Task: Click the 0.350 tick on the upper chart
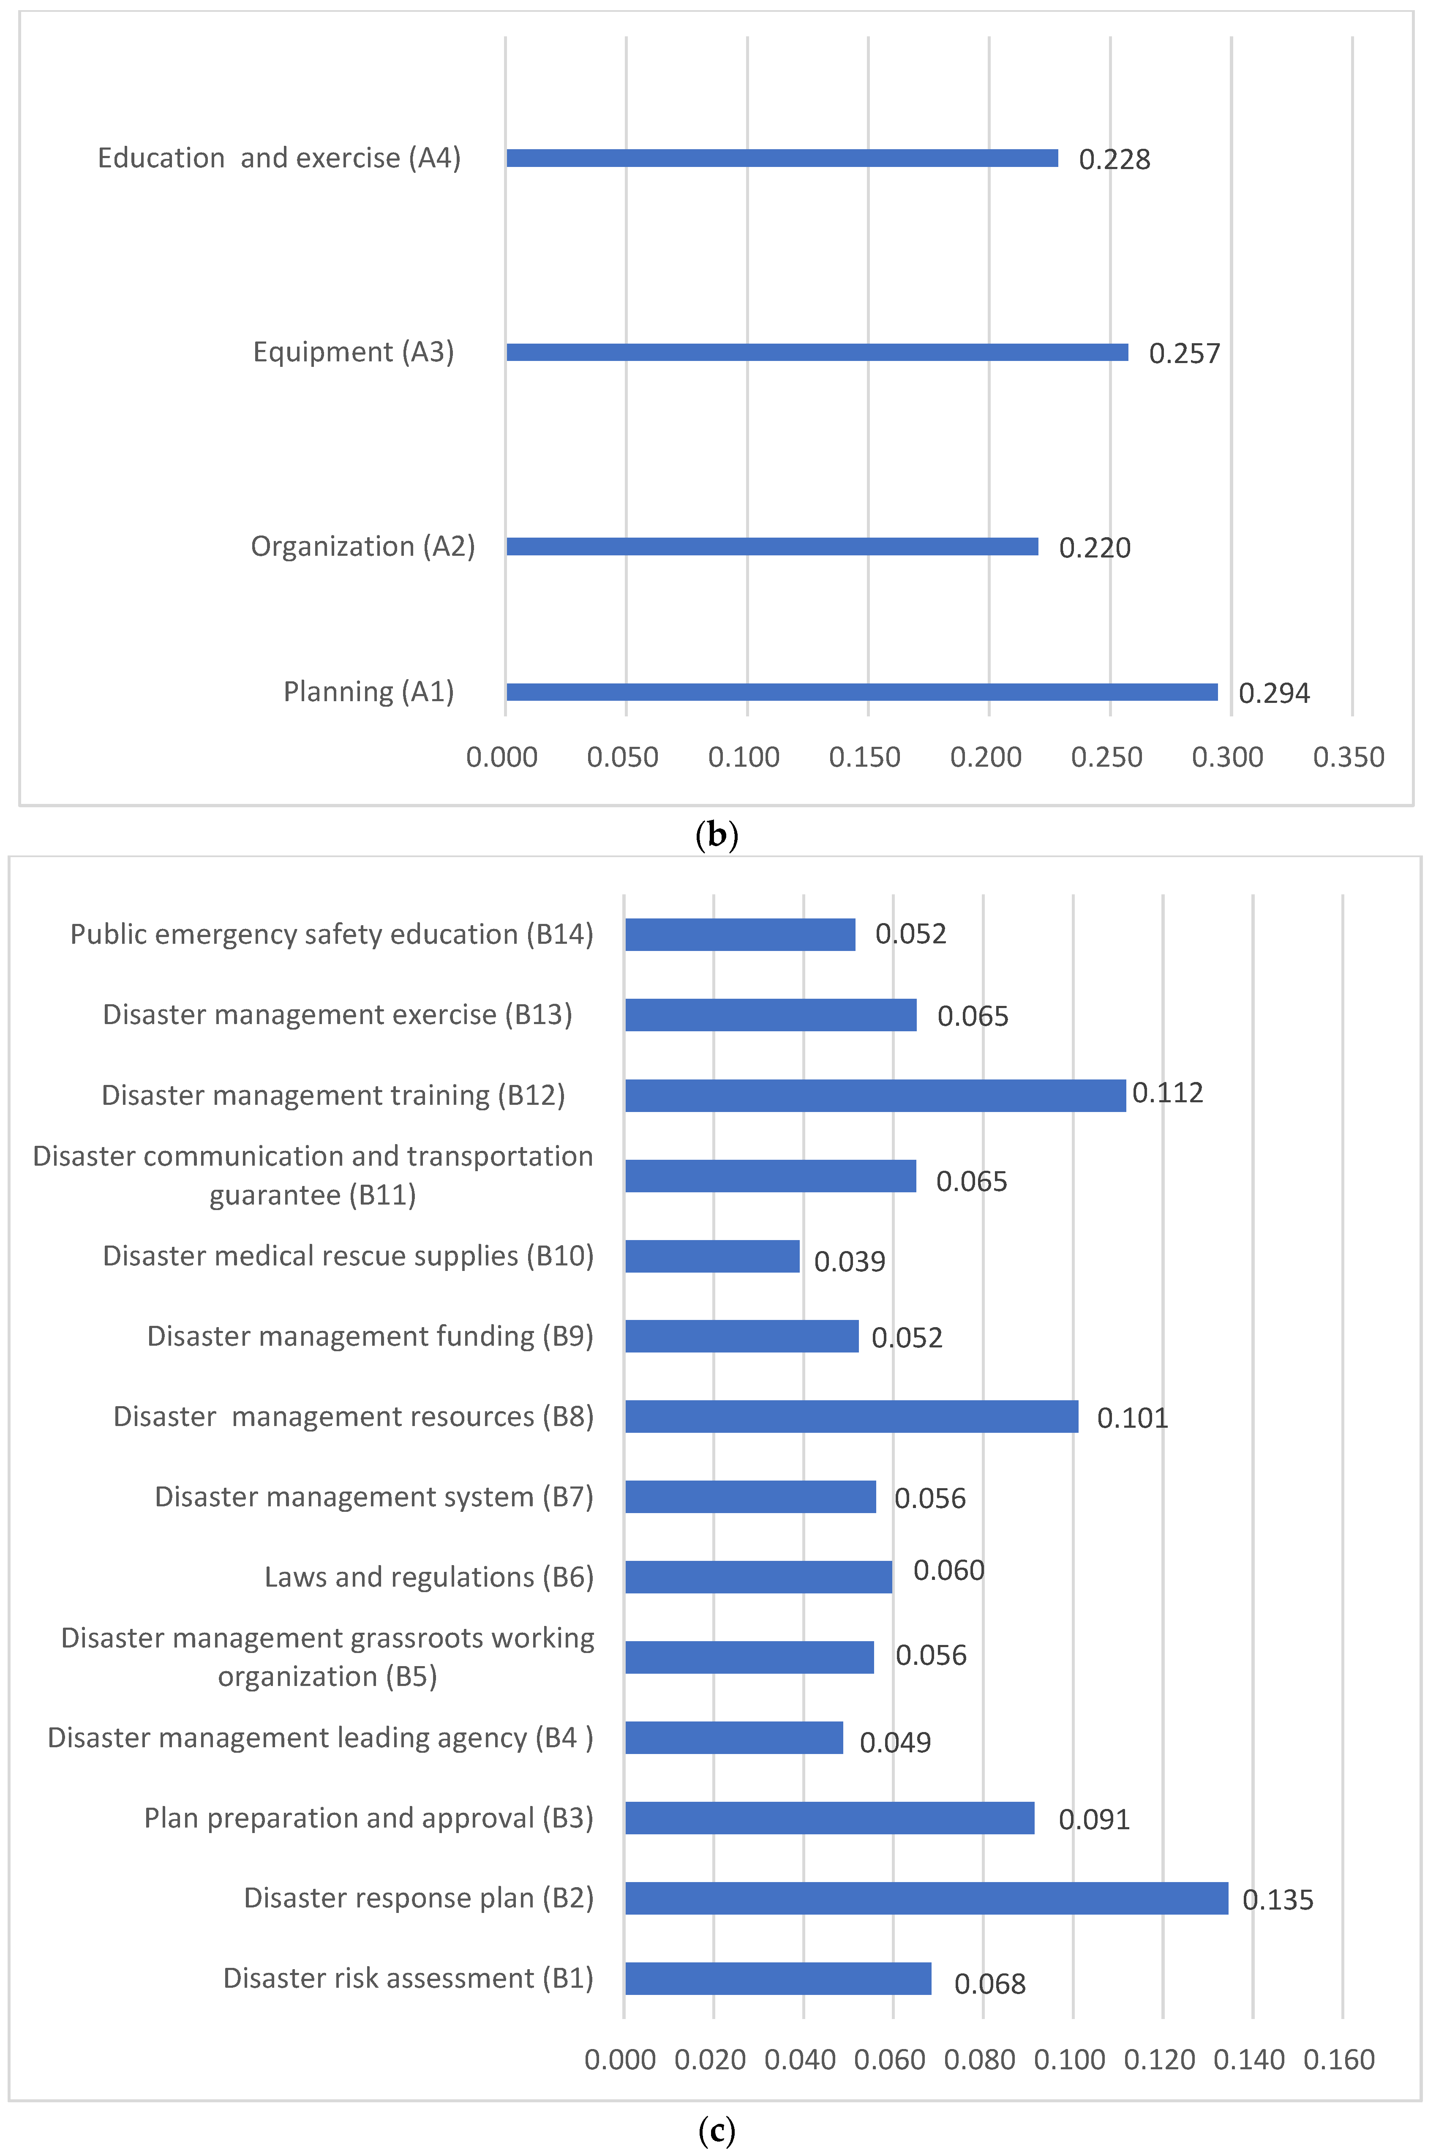click(x=1348, y=757)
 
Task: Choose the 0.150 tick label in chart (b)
click(x=864, y=757)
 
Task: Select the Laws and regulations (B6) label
click(x=428, y=1577)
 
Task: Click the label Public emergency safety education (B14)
click(x=332, y=934)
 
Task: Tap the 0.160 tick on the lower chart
click(x=1339, y=2060)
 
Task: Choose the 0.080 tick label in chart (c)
click(x=979, y=2060)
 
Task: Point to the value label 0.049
click(x=895, y=1742)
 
